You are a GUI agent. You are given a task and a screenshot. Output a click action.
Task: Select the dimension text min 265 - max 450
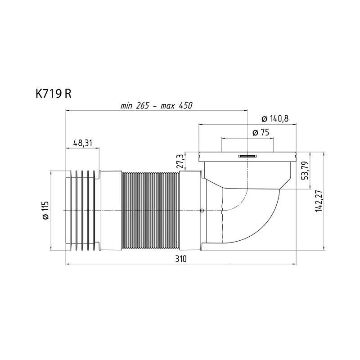156,106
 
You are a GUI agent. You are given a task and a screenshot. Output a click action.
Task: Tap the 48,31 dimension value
82,143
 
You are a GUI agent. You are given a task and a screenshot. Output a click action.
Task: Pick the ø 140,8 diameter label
274,119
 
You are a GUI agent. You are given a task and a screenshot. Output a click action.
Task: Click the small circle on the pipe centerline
202,210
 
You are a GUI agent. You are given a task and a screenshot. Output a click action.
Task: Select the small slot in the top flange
247,156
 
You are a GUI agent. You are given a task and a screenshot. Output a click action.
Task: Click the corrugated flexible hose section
150,209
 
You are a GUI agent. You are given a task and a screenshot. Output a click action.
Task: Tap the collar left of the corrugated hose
110,209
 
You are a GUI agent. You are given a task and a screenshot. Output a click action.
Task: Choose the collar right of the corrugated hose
191,209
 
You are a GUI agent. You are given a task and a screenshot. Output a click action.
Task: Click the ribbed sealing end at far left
81,209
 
